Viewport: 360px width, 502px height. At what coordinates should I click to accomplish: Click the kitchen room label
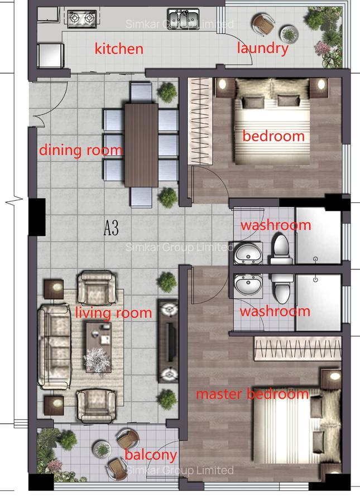[119, 49]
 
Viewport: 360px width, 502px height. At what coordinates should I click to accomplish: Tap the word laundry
[262, 48]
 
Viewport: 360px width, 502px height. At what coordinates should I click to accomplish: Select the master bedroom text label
[252, 394]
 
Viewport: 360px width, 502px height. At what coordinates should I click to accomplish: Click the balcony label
[151, 455]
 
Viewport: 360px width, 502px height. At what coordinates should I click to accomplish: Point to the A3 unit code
[112, 228]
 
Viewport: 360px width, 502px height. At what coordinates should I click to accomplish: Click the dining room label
[80, 150]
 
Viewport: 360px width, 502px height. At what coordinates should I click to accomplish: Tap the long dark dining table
[141, 145]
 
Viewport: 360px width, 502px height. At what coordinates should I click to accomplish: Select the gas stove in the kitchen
[81, 19]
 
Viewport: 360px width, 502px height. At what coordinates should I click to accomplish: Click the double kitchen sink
[183, 18]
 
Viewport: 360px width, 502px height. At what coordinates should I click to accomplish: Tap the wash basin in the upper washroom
[248, 254]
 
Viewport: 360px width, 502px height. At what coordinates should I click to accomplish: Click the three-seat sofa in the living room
[53, 346]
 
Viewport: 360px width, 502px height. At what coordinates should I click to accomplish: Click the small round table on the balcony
[102, 448]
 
